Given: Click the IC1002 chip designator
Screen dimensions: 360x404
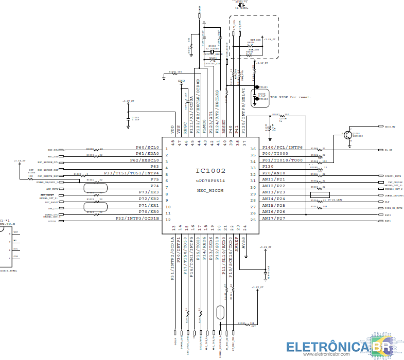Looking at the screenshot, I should pyautogui.click(x=210, y=171).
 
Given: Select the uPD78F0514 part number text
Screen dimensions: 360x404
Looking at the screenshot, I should pyautogui.click(x=210, y=181).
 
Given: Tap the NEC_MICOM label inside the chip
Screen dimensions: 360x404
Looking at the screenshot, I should pyautogui.click(x=210, y=190).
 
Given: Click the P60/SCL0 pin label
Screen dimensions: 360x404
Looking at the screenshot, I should pyautogui.click(x=148, y=147).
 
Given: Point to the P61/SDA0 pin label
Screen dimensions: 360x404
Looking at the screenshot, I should pyautogui.click(x=148, y=153).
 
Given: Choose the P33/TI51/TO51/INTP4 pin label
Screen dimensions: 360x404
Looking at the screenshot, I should pyautogui.click(x=132, y=173).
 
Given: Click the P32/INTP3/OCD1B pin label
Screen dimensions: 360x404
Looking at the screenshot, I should pyautogui.click(x=137, y=219).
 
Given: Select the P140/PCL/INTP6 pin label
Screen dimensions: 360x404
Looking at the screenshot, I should pyautogui.click(x=283, y=147).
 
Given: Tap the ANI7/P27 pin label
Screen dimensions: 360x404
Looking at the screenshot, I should pyautogui.click(x=274, y=219).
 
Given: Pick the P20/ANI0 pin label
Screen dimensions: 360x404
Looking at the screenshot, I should pyautogui.click(x=274, y=173).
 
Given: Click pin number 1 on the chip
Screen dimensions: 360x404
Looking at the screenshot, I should pyautogui.click(x=166, y=149).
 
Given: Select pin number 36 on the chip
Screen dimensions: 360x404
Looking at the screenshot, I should pyautogui.click(x=253, y=149).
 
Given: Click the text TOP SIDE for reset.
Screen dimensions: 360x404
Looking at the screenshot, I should pyautogui.click(x=291, y=97).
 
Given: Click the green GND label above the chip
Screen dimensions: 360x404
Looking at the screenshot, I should pyautogui.click(x=181, y=81).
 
